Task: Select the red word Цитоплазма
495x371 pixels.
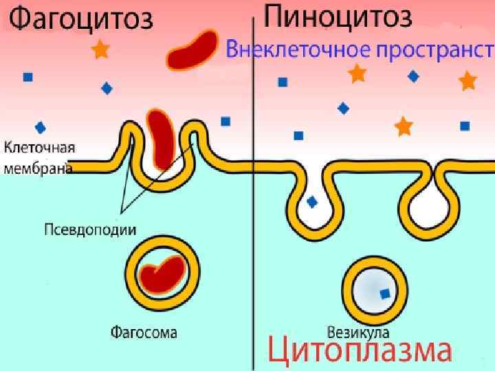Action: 359,350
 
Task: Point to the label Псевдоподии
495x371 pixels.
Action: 89,229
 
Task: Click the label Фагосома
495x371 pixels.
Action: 144,333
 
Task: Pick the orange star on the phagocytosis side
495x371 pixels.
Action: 101,49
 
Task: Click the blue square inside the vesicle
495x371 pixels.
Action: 385,293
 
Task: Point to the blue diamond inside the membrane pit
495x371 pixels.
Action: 313,202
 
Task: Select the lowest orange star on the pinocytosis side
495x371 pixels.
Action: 404,126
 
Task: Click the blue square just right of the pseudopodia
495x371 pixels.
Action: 225,122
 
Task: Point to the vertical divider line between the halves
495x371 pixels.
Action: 256,206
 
